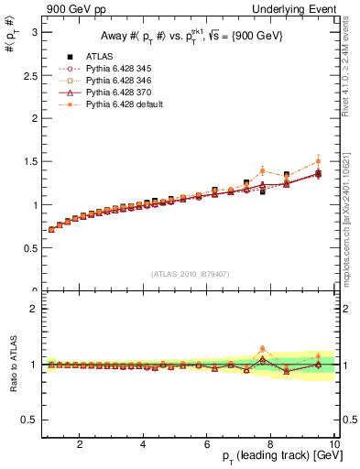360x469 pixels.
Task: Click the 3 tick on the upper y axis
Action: point(34,32)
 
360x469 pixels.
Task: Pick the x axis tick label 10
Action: point(333,446)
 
